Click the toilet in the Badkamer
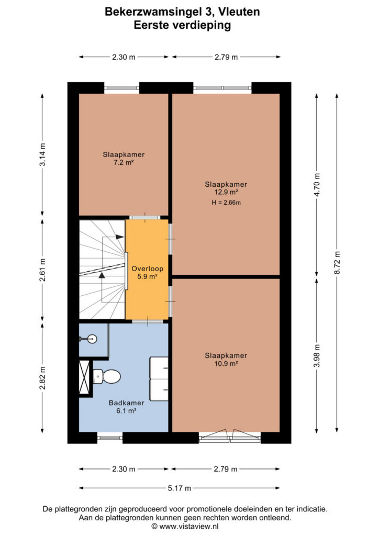coord(107,376)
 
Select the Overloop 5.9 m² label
coord(147,272)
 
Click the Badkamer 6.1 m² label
coord(126,407)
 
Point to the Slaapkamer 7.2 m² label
coord(124,158)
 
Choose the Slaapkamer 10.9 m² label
coord(226,359)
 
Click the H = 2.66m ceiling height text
coord(226,203)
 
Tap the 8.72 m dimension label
coord(337,263)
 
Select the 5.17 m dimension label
coord(180,488)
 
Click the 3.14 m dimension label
coord(42,154)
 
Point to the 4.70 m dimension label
coord(317,185)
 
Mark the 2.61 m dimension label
coord(42,270)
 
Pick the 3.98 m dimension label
coord(317,355)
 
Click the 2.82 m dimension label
coord(42,378)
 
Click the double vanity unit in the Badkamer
coord(159,379)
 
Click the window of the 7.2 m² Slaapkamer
coord(121,88)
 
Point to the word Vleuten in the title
coord(239,12)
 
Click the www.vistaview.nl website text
coord(189,527)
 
